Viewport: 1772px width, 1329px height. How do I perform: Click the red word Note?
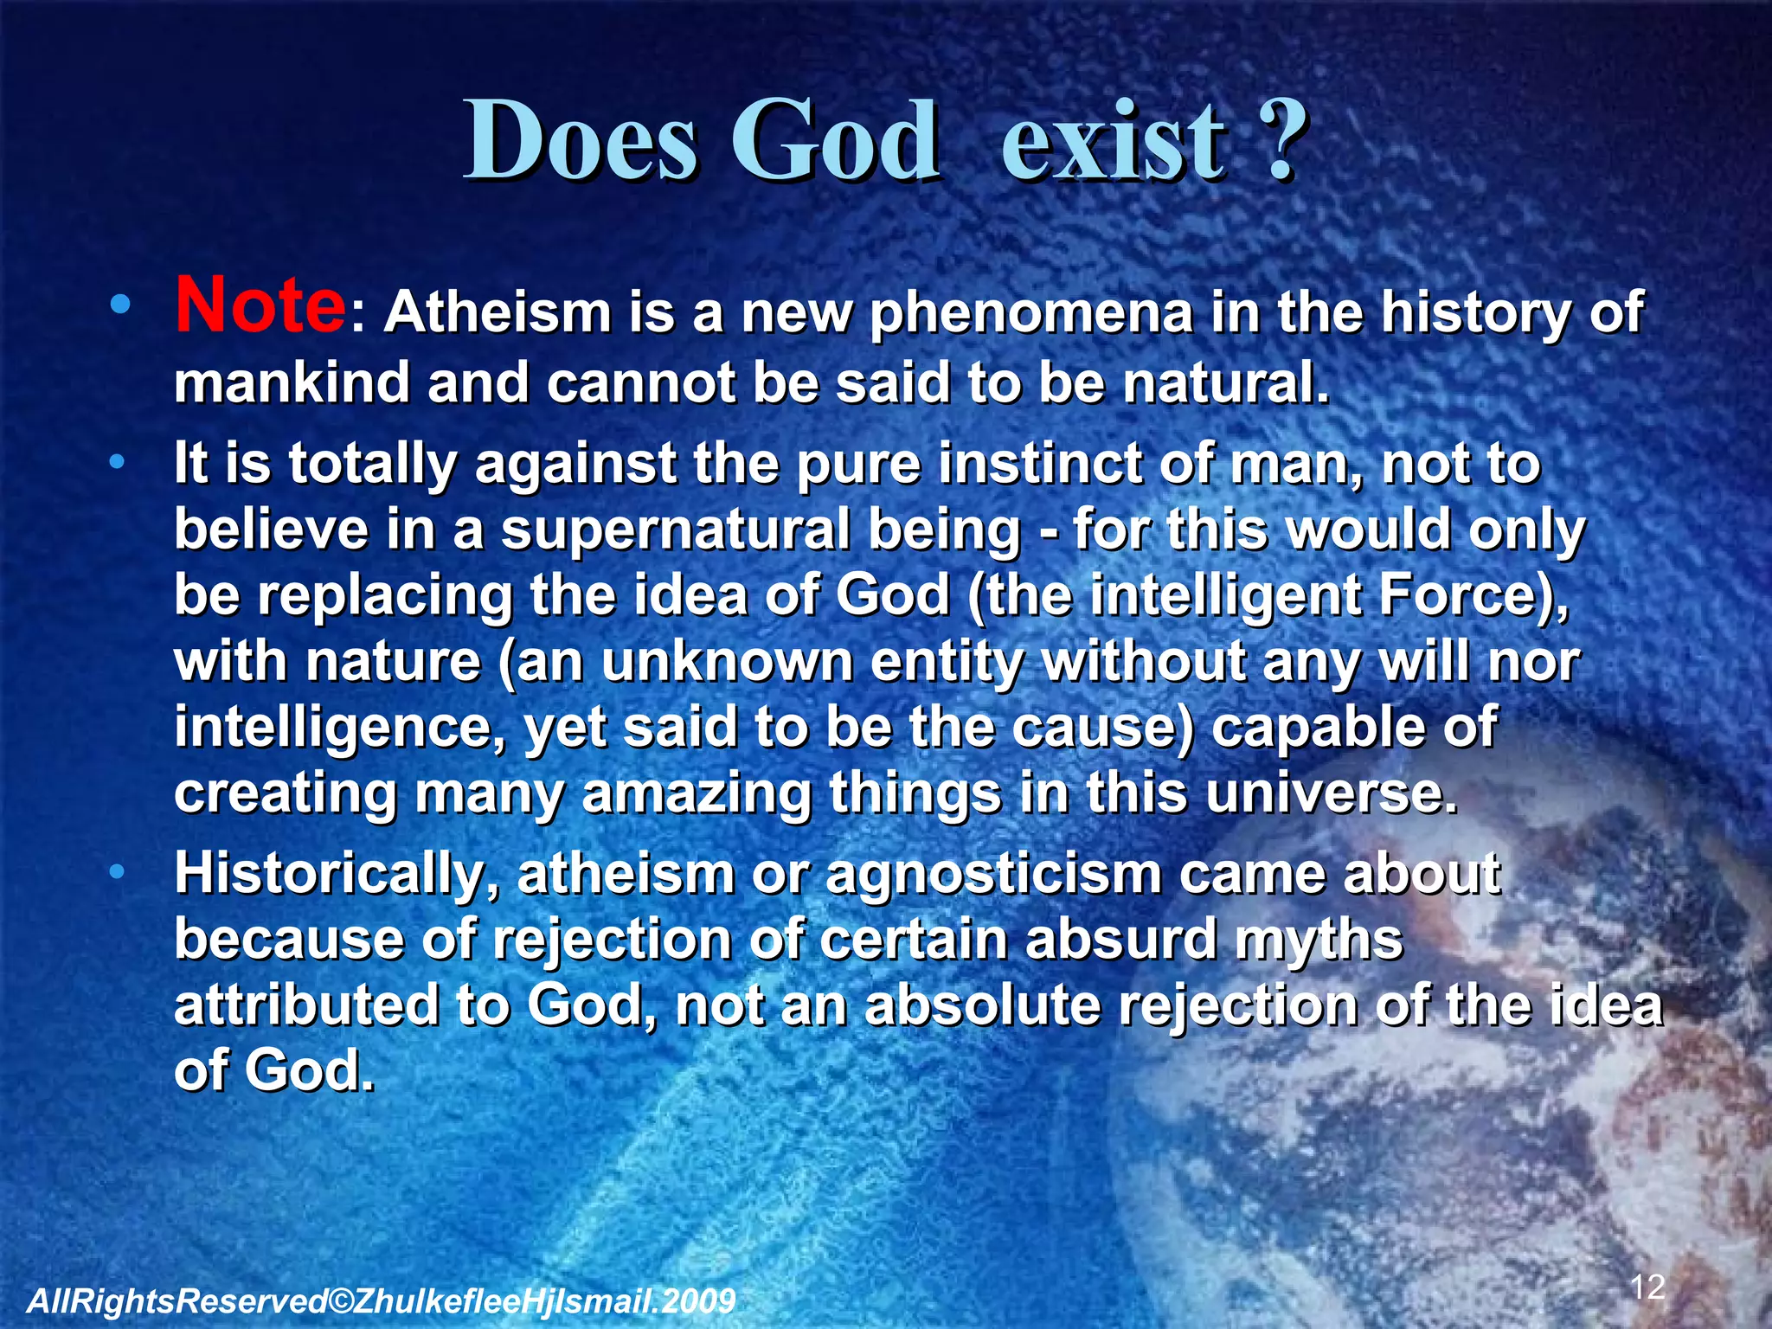(x=260, y=305)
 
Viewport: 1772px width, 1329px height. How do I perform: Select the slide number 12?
(x=1647, y=1287)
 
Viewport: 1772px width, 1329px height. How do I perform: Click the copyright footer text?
(x=381, y=1300)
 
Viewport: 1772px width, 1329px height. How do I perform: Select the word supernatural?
(x=676, y=530)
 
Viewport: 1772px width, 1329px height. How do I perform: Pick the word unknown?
(x=728, y=662)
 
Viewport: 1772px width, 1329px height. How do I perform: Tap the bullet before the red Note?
(x=120, y=305)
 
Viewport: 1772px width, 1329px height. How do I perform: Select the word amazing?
(x=697, y=793)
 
